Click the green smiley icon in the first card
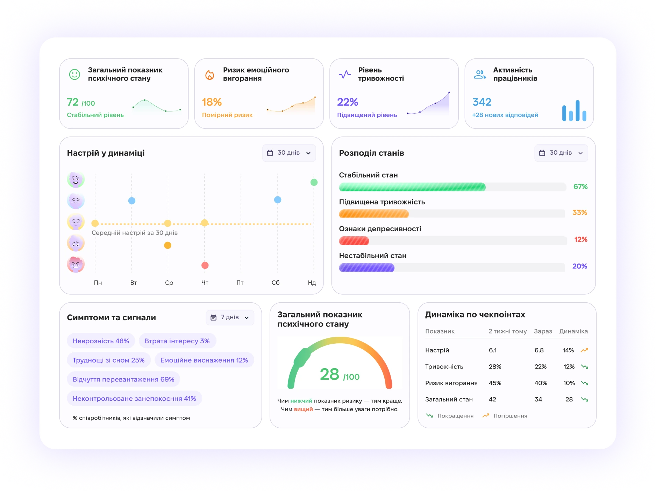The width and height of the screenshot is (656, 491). tap(74, 74)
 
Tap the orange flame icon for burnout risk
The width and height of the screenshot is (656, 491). tap(209, 75)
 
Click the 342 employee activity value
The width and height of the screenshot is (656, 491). tap(482, 102)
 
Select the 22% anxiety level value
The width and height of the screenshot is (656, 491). tap(348, 102)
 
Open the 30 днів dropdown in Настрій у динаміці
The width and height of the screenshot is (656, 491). tap(289, 153)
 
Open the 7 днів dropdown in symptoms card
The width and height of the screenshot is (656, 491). tap(230, 317)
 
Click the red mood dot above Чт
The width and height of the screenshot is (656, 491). tap(205, 265)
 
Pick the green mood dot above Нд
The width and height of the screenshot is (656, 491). tap(314, 182)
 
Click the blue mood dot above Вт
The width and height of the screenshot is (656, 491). tap(132, 201)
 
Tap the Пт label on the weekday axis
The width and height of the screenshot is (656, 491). tap(240, 283)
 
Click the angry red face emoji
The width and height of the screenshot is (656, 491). tap(76, 264)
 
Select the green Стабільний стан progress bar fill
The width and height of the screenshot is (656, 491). tap(412, 187)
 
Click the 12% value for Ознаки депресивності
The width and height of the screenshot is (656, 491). tap(580, 239)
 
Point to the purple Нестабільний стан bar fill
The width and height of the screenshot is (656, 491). tap(367, 268)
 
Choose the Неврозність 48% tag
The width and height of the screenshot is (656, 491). tap(101, 341)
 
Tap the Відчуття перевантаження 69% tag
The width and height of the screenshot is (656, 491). tap(123, 379)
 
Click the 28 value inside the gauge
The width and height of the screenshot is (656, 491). tap(329, 374)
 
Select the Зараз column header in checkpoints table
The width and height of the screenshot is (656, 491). tap(543, 331)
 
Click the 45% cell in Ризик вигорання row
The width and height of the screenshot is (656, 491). tap(495, 383)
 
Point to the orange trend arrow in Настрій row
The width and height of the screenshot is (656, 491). tap(584, 350)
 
